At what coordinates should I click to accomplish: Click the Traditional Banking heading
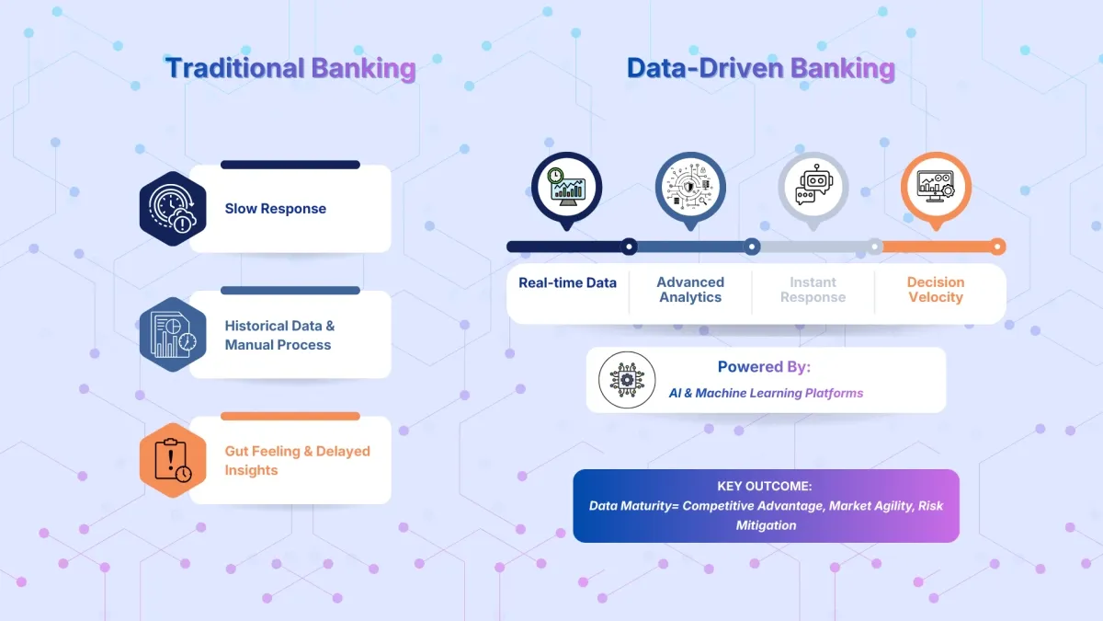click(x=290, y=69)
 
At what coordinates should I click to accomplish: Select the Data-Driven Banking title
click(x=760, y=69)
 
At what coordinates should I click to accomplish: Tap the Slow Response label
click(x=276, y=209)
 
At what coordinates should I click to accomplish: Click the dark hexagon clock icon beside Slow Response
click(x=173, y=209)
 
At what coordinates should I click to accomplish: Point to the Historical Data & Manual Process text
click(x=279, y=336)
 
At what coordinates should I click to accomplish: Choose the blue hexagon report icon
click(x=173, y=335)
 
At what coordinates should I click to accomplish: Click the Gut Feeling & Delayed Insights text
click(x=297, y=461)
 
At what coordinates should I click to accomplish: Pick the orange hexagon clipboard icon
click(x=173, y=460)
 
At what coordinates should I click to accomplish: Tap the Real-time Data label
click(x=567, y=283)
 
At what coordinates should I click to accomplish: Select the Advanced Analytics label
click(x=690, y=290)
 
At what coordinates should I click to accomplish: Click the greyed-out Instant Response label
click(x=813, y=290)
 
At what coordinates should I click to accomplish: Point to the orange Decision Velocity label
click(x=936, y=290)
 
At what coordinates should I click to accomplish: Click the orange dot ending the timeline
click(x=997, y=247)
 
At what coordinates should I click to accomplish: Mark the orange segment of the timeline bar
click(x=936, y=247)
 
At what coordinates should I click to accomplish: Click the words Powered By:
click(x=764, y=367)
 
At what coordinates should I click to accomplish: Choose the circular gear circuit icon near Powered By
click(x=627, y=380)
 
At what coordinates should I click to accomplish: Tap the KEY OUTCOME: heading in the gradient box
click(x=765, y=487)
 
